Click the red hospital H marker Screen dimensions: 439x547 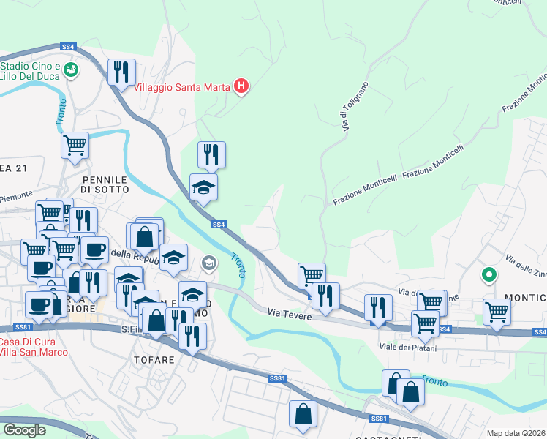tap(241, 87)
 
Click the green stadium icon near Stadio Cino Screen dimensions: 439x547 tap(71, 70)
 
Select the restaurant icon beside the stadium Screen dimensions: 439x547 tap(121, 72)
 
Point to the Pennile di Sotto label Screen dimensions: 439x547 tap(105, 184)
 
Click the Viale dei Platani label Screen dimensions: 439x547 tap(407, 347)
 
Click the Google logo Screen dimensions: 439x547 tap(25, 430)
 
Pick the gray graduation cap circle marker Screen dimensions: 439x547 tap(209, 262)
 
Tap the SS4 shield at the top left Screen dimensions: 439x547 tap(68, 46)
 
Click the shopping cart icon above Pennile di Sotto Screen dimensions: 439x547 tap(75, 145)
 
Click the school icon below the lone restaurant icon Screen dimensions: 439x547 tap(203, 187)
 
